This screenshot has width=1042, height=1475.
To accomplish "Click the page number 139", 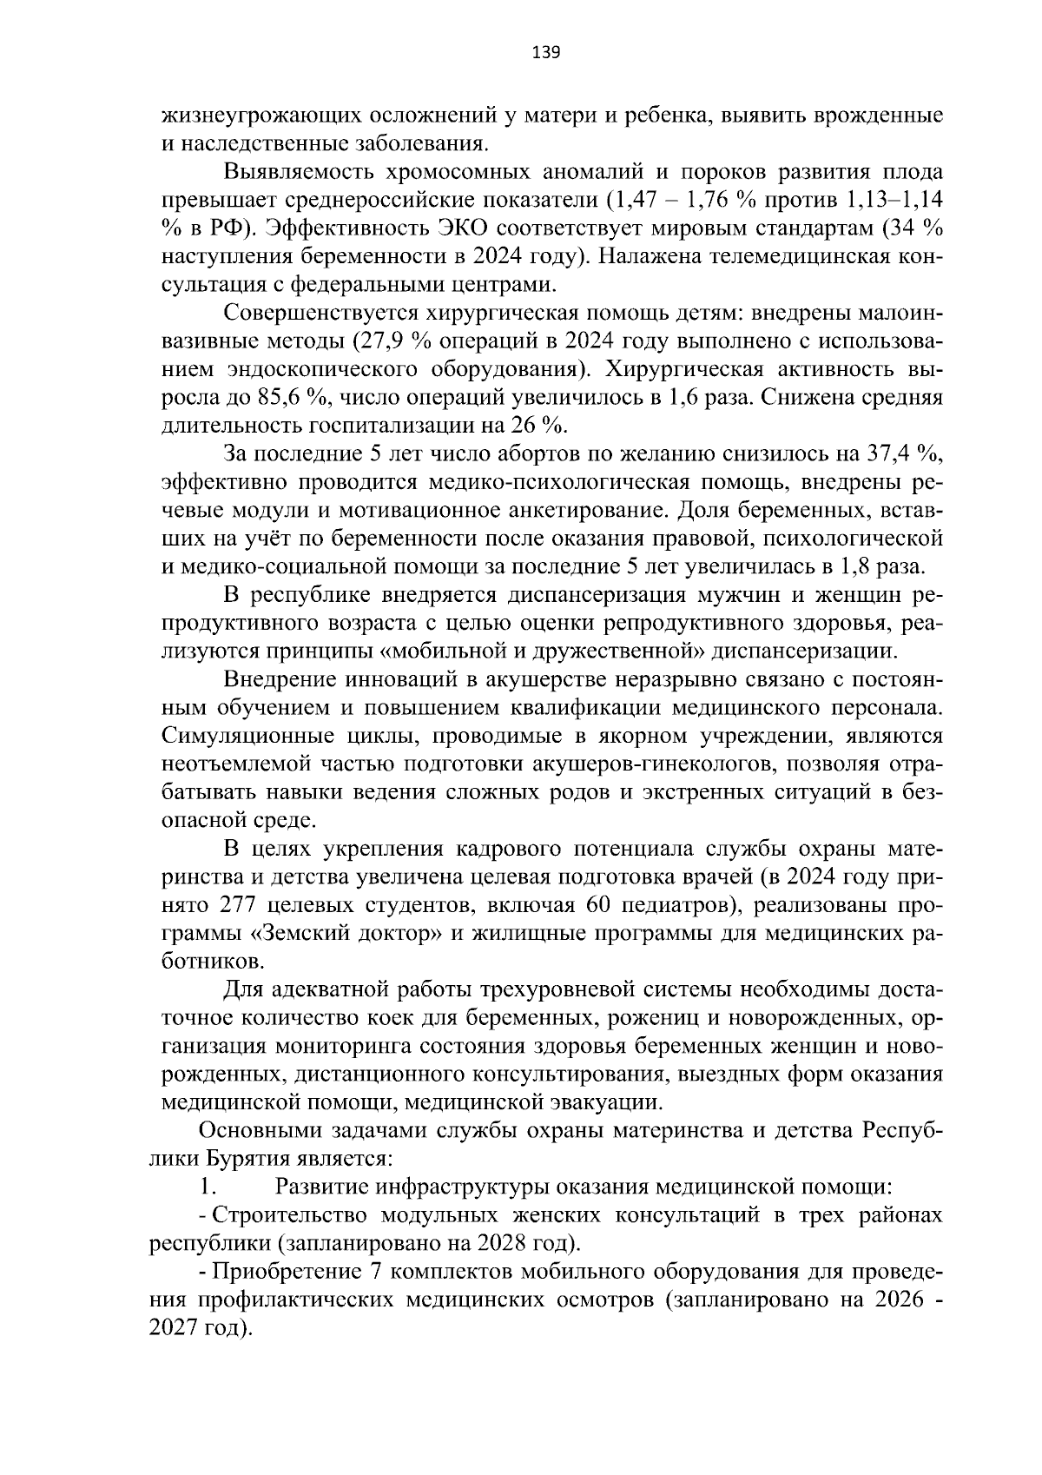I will pos(546,53).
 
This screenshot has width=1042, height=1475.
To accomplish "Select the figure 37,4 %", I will pos(903,454).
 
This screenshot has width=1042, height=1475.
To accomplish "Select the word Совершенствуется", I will pos(318,313).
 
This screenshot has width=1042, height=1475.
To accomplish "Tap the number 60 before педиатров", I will pos(600,905).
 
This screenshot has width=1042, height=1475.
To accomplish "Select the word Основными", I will pos(258,1130).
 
